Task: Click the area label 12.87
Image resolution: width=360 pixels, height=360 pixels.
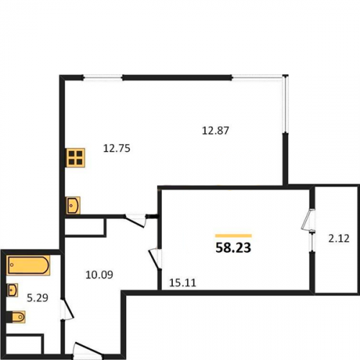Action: click(x=215, y=131)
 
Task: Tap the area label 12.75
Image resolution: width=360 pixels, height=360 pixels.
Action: click(x=117, y=148)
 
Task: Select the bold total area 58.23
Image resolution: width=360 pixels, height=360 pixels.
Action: click(x=233, y=248)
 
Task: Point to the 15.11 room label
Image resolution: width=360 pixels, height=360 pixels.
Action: click(x=183, y=283)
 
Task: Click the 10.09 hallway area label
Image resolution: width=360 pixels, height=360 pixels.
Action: click(x=99, y=275)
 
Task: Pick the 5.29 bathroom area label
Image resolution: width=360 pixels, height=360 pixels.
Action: click(x=37, y=298)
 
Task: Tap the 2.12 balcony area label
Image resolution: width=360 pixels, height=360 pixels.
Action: click(x=338, y=239)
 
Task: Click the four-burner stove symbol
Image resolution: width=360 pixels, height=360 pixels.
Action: click(x=76, y=158)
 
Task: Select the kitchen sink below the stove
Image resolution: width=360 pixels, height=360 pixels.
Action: click(x=73, y=205)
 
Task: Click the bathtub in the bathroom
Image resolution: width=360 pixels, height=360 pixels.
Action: click(x=29, y=265)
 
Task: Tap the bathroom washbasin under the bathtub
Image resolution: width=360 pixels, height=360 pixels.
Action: click(x=12, y=290)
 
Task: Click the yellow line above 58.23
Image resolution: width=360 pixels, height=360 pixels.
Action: click(x=233, y=235)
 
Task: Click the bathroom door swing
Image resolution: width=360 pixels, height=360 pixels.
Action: click(x=67, y=309)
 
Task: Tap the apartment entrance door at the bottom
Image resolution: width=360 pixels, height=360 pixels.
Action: click(x=88, y=351)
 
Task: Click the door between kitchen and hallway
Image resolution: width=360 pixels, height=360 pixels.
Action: click(x=135, y=221)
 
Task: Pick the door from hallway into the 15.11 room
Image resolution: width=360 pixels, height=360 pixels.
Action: click(x=155, y=259)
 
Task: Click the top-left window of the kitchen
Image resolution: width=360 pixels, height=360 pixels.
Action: click(x=103, y=77)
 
